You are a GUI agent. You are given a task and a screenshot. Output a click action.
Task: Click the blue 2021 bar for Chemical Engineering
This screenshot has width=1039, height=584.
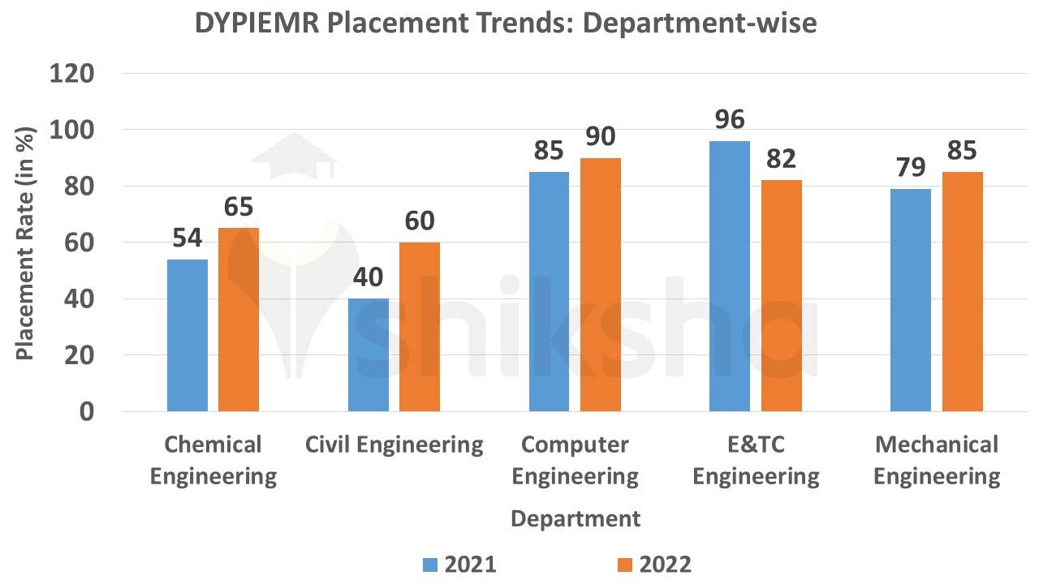tap(188, 335)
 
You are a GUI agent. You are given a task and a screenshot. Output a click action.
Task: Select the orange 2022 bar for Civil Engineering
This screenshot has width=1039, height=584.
tap(420, 327)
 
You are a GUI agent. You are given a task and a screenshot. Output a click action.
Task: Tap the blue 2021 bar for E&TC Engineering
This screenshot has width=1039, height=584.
tap(730, 276)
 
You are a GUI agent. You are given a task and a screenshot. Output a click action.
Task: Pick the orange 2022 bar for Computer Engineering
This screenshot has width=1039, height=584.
tap(601, 285)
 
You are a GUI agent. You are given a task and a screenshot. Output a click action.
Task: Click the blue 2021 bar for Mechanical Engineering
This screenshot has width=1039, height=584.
tap(911, 300)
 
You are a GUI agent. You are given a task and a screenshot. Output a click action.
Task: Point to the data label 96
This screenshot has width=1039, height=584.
tap(731, 119)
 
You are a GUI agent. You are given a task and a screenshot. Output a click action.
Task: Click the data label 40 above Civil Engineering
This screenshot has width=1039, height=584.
tap(369, 277)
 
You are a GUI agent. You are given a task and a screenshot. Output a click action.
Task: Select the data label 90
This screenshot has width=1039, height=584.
tap(601, 136)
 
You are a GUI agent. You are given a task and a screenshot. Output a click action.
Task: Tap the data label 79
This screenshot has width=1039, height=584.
tap(911, 167)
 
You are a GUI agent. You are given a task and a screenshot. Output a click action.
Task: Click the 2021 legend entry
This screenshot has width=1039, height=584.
tap(459, 564)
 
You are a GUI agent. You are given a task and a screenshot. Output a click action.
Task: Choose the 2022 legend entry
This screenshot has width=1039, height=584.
tap(654, 564)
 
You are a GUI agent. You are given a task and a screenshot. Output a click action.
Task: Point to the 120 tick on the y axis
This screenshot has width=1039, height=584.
tap(73, 74)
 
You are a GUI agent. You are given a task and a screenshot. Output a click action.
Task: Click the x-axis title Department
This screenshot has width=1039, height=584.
tap(576, 518)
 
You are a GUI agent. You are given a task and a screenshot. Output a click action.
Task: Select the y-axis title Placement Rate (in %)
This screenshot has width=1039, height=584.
tap(25, 243)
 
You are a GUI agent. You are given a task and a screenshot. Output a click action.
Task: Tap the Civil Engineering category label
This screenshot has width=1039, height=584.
tap(394, 444)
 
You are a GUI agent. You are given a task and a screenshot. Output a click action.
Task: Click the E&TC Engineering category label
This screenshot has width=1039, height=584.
tap(756, 460)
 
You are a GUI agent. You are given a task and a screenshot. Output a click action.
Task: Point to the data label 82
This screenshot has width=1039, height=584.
tap(782, 158)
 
